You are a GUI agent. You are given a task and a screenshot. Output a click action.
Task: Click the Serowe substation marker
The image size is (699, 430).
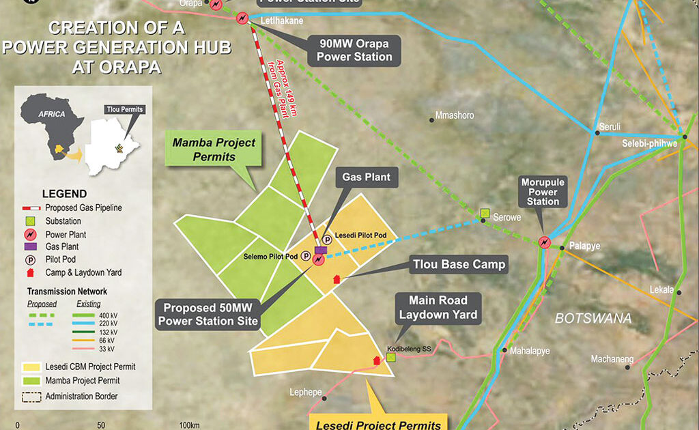pyautogui.click(x=485, y=214)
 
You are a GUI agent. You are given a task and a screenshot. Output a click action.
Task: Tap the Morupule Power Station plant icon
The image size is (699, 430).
pyautogui.click(x=544, y=242)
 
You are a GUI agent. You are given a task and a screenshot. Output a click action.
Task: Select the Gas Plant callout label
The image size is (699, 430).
pyautogui.click(x=366, y=177)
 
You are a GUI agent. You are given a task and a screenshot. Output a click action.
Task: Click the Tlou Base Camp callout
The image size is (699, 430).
pyautogui.click(x=459, y=265)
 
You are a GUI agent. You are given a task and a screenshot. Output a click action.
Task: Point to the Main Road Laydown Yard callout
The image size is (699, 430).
pyautogui.click(x=438, y=307)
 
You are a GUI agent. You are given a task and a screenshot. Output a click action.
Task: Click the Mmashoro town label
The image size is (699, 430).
pyautogui.click(x=455, y=116)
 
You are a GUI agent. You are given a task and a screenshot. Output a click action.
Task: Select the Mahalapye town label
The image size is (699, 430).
pyautogui.click(x=529, y=350)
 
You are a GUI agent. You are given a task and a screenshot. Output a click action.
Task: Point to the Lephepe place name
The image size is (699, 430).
pyautogui.click(x=305, y=392)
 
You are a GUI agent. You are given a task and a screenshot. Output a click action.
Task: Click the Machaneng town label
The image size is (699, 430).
pyautogui.click(x=612, y=359)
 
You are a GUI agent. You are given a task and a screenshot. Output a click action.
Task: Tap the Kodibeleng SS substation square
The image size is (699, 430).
pyautogui.click(x=390, y=357)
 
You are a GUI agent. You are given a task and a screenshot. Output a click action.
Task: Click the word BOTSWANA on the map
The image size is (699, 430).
pyautogui.click(x=593, y=319)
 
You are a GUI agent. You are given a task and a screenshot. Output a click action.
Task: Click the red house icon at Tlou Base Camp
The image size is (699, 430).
pyautogui.click(x=335, y=279)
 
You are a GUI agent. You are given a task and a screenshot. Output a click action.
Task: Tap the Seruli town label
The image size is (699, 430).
pyautogui.click(x=610, y=127)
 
